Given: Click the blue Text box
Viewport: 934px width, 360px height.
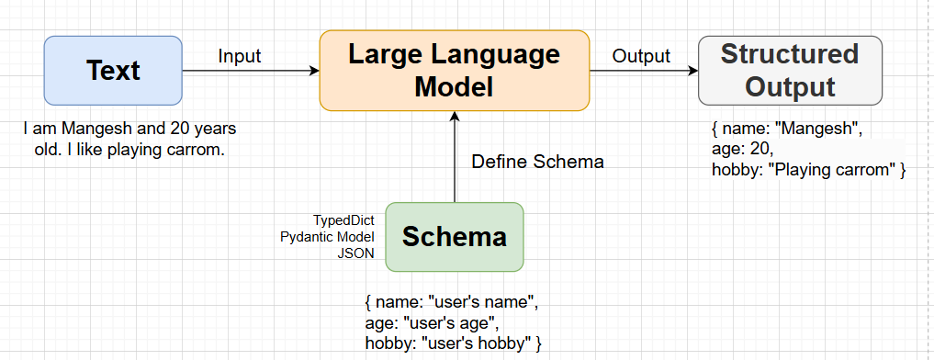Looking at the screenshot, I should point(113,70).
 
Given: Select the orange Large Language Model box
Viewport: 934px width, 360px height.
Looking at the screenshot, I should point(454,70).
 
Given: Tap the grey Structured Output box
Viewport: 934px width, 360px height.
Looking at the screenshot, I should point(790,70).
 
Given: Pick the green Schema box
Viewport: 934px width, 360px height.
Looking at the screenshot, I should point(454,237).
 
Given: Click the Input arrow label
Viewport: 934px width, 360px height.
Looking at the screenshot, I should point(240,56).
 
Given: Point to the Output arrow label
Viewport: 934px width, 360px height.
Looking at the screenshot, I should point(641,56).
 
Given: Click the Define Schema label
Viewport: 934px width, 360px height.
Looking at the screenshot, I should point(537,162).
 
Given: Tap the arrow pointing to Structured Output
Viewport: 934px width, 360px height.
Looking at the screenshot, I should point(643,71).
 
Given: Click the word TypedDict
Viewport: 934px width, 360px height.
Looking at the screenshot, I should point(343,220).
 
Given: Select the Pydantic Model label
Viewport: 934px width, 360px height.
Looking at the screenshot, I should point(327,237).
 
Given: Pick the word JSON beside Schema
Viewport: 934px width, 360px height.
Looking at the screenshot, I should point(356,253).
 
